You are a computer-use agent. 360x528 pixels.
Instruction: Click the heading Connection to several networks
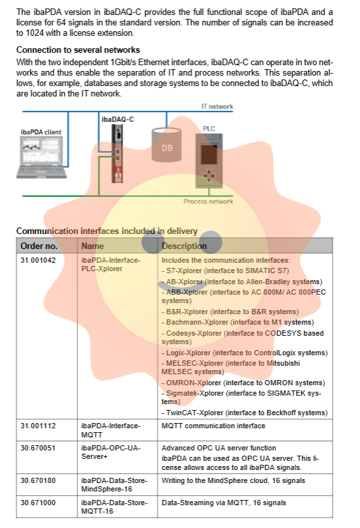[x=78, y=50]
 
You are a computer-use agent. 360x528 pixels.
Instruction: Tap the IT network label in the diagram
[x=217, y=106]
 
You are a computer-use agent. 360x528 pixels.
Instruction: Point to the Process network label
[x=208, y=201]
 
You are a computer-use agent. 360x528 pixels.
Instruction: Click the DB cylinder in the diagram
[x=167, y=144]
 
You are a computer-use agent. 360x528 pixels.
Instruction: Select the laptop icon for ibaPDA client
[x=42, y=158]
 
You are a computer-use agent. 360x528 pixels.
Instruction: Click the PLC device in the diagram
[x=209, y=160]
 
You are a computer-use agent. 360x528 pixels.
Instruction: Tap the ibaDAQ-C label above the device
[x=117, y=119]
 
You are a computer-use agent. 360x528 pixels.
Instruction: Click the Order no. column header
[x=39, y=246]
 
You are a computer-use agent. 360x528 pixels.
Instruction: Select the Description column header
[x=184, y=246]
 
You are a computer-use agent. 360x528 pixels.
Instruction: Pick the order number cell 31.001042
[x=38, y=260]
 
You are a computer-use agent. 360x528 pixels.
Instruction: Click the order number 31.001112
[x=38, y=426]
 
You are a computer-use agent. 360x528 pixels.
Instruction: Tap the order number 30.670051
[x=38, y=448]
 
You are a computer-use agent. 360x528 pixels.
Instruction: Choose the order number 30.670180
[x=38, y=480]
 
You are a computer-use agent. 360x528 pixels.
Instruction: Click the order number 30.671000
[x=38, y=503]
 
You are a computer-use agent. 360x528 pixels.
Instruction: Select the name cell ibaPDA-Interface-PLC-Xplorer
[x=111, y=265]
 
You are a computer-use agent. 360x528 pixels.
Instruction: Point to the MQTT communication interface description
[x=213, y=426]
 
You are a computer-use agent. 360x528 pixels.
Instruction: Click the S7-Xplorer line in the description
[x=225, y=271]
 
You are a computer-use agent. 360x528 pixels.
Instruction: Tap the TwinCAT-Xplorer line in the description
[x=245, y=413]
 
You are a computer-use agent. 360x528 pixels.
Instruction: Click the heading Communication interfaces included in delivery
[x=107, y=231]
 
